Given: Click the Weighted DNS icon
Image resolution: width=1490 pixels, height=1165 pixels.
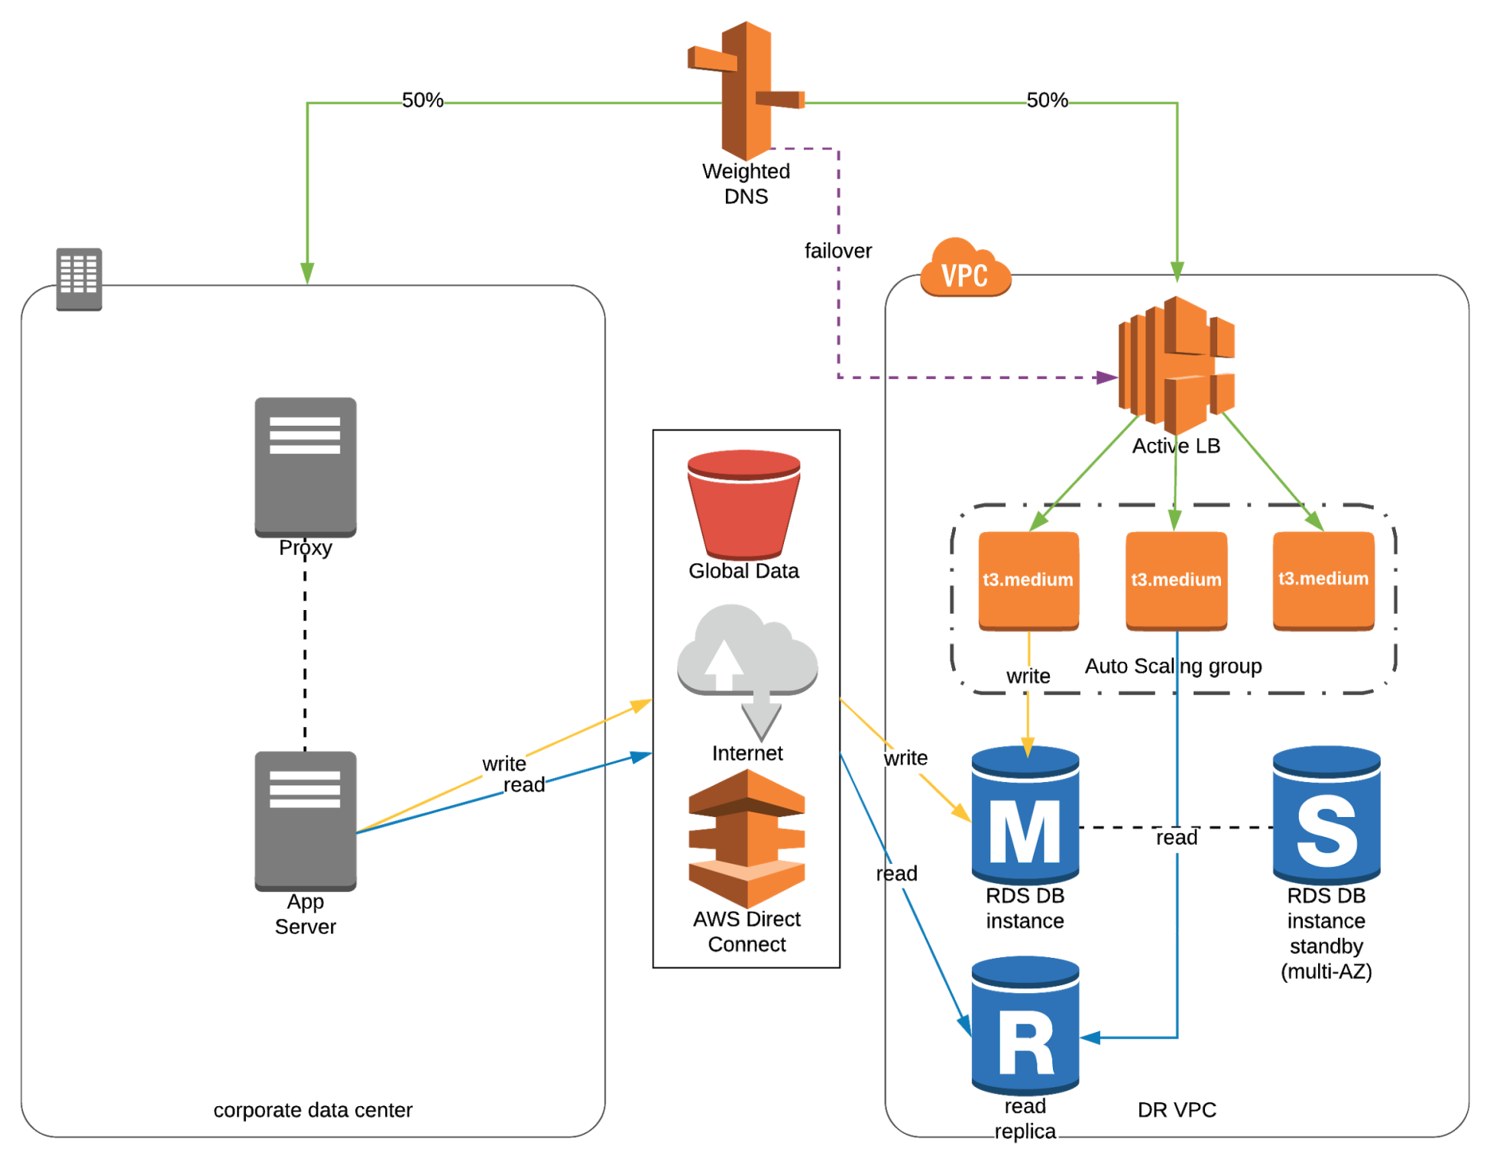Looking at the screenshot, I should click(x=747, y=89).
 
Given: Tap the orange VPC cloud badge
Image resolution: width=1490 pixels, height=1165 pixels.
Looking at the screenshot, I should click(x=965, y=270).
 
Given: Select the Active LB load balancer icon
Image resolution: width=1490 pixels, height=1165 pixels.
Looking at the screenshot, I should click(x=1176, y=365).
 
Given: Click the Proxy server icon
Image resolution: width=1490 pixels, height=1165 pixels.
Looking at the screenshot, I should click(x=305, y=466).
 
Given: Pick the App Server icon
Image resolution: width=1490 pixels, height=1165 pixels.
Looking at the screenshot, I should click(x=305, y=820).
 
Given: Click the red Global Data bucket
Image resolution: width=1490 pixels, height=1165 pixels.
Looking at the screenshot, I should click(x=743, y=505).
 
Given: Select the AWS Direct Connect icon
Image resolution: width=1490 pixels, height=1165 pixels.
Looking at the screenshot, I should click(x=747, y=839).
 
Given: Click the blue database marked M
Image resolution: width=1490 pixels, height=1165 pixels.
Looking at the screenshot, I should click(x=1025, y=816).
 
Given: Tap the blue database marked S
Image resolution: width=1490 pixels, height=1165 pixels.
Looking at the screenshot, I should click(x=1326, y=816).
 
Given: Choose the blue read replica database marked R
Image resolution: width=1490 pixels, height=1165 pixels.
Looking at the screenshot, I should click(x=1025, y=1026).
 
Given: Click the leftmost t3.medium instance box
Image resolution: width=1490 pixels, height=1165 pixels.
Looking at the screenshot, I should click(x=1028, y=580).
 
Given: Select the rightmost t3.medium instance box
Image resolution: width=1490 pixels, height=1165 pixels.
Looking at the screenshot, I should click(x=1323, y=580).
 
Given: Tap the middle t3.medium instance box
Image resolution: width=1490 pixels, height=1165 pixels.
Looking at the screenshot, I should click(x=1176, y=580).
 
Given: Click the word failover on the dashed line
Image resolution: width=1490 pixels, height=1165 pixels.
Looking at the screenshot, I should click(x=837, y=251).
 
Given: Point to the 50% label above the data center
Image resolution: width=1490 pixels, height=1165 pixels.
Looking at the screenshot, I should click(x=423, y=100).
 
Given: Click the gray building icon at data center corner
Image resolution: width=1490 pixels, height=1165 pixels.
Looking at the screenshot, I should click(x=79, y=279).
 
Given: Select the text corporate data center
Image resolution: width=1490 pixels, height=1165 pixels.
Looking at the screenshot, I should click(x=313, y=1109).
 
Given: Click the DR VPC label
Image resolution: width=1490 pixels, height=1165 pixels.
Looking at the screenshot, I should click(x=1176, y=1109).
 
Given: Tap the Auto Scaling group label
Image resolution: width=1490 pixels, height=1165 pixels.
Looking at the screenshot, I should click(x=1173, y=666).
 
